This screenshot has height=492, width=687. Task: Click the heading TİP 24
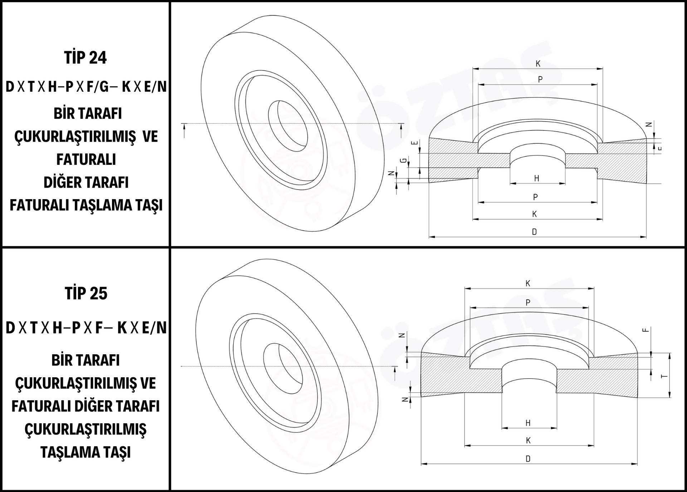[x=86, y=58]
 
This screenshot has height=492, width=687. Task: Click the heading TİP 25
[x=86, y=294]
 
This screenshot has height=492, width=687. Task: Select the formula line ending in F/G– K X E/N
[x=86, y=87]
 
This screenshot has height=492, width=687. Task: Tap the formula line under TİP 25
[x=86, y=328]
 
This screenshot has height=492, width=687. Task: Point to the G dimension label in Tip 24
[x=404, y=161]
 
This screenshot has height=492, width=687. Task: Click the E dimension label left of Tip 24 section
[x=414, y=143]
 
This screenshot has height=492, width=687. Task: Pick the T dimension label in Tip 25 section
[x=664, y=376]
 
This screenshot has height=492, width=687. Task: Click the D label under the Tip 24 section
[x=534, y=232]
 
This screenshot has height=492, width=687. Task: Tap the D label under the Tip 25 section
[x=528, y=459]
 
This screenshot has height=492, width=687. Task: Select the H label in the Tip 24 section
[x=536, y=178]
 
